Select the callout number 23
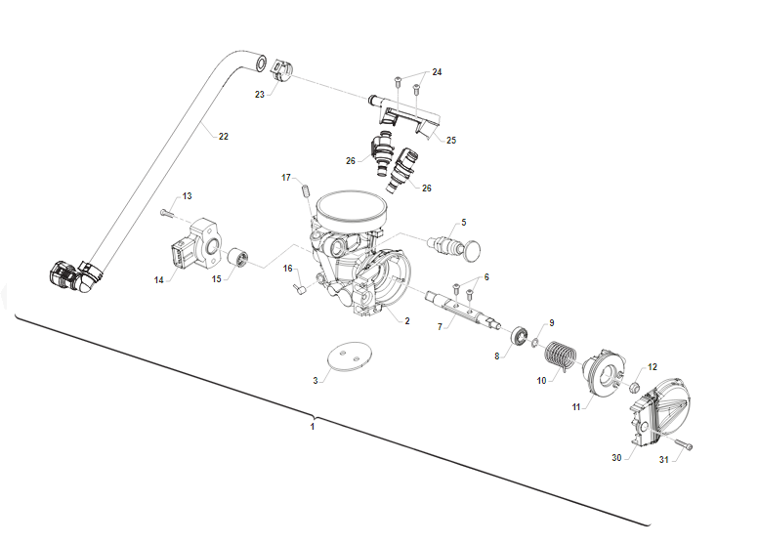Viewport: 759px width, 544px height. click(260, 95)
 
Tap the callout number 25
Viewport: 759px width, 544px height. click(450, 141)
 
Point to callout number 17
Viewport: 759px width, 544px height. click(286, 178)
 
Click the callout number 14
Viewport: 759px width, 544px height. click(158, 280)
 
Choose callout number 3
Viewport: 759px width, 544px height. click(316, 379)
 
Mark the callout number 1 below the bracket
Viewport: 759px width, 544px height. click(313, 427)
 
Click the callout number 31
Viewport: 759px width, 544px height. click(664, 460)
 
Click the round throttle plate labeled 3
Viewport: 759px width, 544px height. click(348, 356)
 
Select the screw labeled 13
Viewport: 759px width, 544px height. click(166, 212)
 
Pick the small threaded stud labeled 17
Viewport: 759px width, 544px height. click(305, 188)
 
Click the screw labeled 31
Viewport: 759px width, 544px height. click(687, 446)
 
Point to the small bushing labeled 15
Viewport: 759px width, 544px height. click(235, 259)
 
